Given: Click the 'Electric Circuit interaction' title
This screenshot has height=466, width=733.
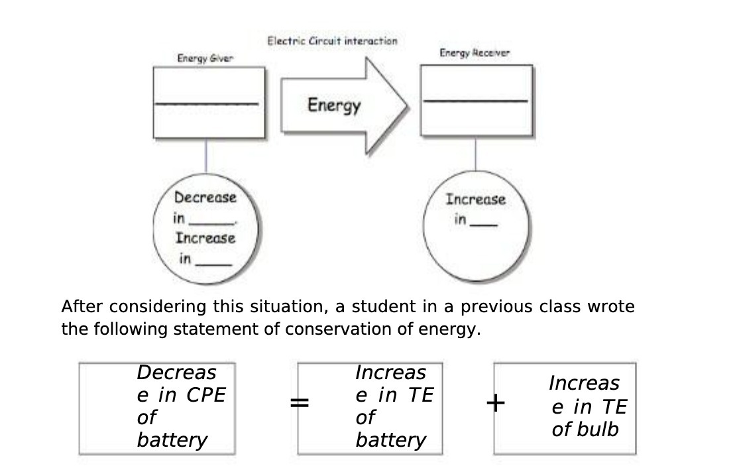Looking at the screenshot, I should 332,41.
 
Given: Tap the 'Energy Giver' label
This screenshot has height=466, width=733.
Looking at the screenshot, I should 205,59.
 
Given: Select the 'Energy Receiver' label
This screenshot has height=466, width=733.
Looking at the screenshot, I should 475,53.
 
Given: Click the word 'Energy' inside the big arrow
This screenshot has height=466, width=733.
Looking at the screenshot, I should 334,105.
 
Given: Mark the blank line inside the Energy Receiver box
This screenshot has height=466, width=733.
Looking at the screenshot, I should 475,101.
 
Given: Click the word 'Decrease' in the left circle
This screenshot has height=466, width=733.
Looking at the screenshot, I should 205,197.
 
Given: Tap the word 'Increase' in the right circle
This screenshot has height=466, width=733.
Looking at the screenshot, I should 475,199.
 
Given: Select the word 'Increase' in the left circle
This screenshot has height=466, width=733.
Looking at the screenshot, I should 205,238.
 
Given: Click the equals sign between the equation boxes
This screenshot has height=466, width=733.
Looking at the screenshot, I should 300,402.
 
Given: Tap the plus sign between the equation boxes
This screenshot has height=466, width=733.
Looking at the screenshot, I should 495,402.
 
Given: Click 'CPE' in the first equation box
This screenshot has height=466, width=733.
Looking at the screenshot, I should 206,395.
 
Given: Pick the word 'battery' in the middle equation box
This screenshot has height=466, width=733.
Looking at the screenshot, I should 390,439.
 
